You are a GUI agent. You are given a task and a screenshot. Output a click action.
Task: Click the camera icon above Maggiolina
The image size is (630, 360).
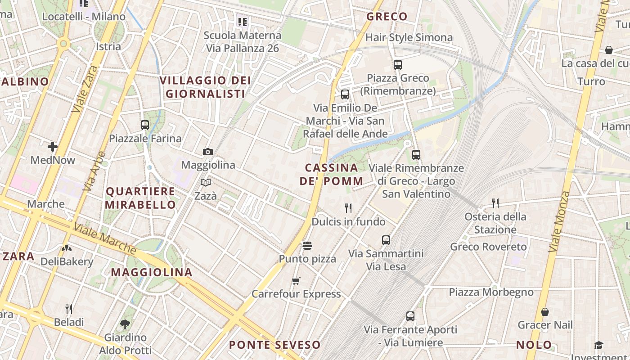pos(207,152)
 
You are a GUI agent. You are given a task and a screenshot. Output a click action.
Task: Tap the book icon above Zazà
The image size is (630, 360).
pos(206,183)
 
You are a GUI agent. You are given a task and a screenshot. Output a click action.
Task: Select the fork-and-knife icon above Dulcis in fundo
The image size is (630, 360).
pos(348,208)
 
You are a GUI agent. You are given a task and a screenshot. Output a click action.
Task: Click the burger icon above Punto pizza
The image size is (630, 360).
pos(307,245)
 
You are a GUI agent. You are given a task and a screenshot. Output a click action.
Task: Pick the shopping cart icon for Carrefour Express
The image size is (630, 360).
pos(296,281)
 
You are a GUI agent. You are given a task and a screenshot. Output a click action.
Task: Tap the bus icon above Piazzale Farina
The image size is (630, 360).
pos(145,125)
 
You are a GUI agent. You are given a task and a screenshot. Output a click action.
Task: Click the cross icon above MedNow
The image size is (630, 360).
pos(53,147)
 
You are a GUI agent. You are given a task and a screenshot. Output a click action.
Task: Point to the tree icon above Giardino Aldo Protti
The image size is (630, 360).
pos(125,324)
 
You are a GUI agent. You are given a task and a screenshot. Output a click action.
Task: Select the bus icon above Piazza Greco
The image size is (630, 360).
pos(397,64)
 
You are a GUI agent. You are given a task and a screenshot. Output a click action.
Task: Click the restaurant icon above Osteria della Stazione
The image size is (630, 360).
pos(495,203)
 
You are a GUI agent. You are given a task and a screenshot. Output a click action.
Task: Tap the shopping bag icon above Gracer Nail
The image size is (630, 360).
pos(545,311)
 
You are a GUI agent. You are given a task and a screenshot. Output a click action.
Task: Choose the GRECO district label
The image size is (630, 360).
pos(387,17)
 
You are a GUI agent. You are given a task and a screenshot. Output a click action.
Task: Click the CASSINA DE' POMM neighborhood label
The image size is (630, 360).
pos(332,174)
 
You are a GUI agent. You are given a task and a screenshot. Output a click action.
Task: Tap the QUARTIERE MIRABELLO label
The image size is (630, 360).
pos(141,198)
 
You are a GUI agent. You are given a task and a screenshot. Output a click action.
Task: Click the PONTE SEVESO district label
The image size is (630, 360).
pos(275,345)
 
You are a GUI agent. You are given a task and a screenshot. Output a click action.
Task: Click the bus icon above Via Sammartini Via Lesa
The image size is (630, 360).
pos(386,240)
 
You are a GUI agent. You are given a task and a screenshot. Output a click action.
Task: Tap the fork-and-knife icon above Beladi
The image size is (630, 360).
pos(69,309)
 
